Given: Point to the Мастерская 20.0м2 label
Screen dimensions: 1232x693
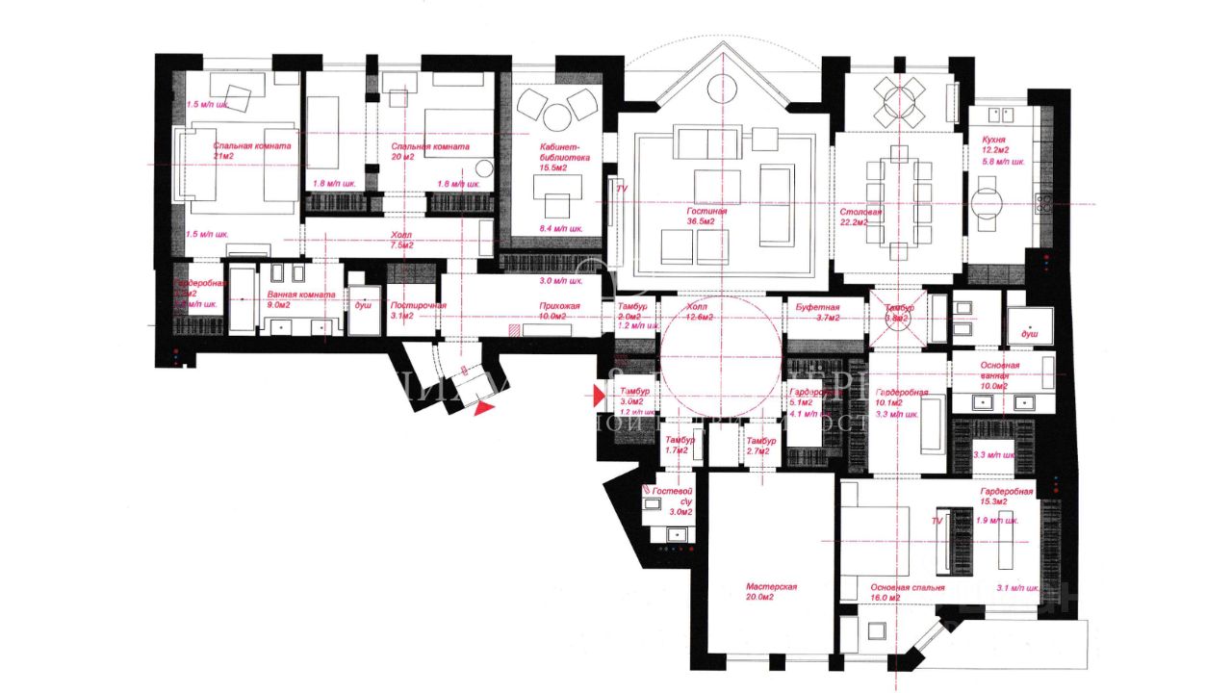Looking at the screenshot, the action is click(772, 591).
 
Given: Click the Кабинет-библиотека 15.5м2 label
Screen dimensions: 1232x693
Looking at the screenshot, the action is click(564, 154).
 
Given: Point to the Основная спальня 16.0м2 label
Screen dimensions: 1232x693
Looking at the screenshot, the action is click(907, 592).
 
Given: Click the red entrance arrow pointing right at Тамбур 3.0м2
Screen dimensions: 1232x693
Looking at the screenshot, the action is click(600, 394).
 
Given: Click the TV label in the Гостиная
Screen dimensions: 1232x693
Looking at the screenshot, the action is click(621, 190).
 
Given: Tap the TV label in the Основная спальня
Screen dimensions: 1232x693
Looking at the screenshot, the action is click(936, 521).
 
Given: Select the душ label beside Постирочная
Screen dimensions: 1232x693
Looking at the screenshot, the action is click(364, 303).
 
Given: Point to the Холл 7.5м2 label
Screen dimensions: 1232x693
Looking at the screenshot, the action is click(401, 240).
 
